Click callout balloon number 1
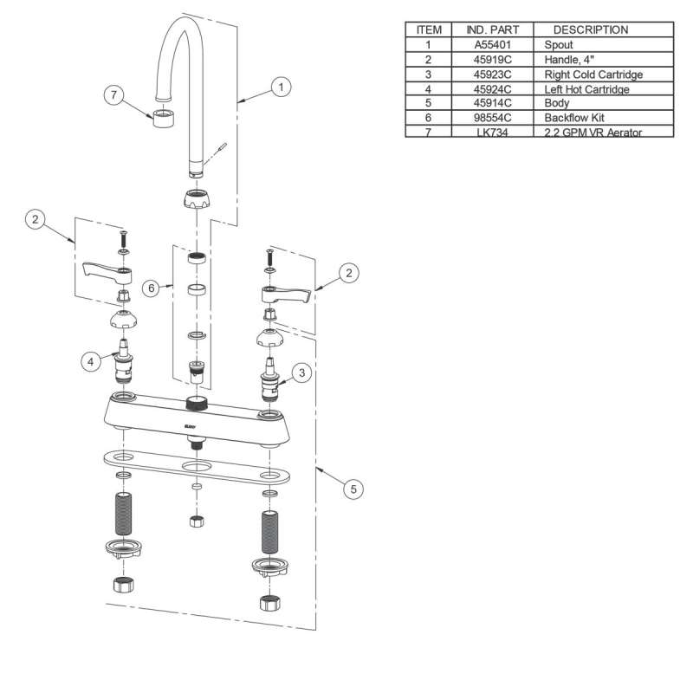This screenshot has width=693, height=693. coord(280,87)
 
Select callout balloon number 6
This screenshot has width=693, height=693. coord(151,288)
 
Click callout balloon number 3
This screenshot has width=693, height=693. coord(301,373)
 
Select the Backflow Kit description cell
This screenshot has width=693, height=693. coord(579,117)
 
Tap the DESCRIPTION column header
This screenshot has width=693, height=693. coord(591,29)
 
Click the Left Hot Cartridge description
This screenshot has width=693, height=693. coord(586,87)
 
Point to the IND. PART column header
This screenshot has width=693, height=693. coord(493,29)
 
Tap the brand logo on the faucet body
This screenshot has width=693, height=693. coord(191,426)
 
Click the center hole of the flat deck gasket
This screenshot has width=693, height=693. coord(198,469)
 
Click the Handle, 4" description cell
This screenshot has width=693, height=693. coord(568,58)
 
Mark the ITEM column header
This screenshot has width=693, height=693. coord(428,29)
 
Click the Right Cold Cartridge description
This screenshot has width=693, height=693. coord(593,73)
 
